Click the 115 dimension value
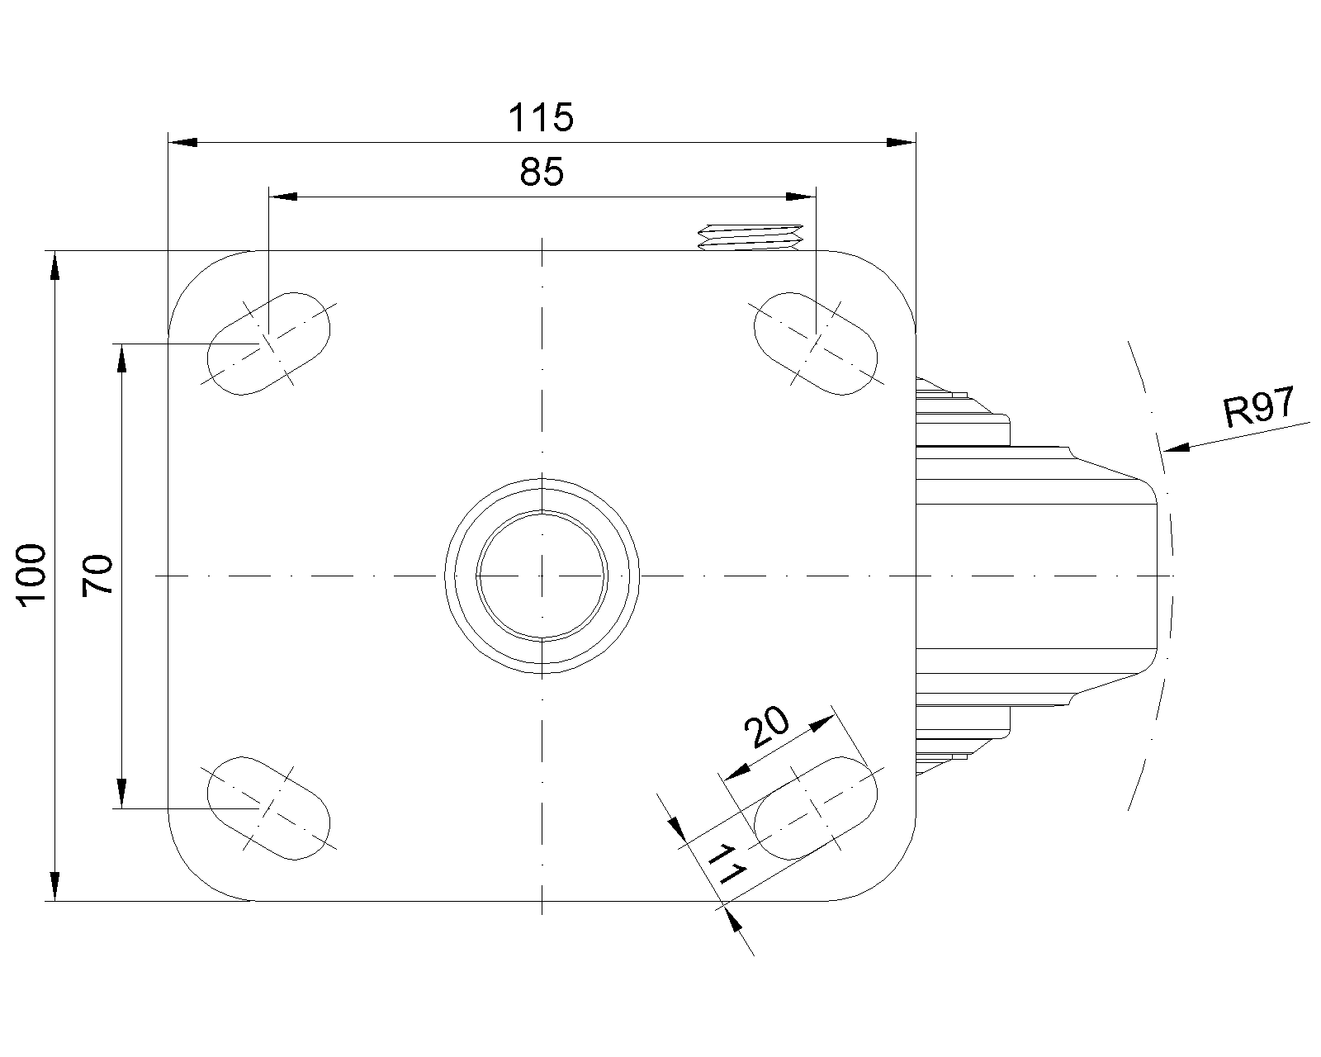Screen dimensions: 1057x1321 coord(541,118)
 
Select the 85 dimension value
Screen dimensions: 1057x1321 coord(542,173)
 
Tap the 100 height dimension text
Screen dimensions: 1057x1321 coord(34,575)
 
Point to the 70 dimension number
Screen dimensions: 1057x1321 coord(97,575)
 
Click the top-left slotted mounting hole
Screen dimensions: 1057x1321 coord(268,343)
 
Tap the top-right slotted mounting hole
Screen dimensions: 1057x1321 coord(816,343)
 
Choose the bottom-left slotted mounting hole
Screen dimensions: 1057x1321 coord(268,807)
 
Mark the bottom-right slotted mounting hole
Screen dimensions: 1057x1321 coord(816,807)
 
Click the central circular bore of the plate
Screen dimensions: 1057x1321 coord(542,575)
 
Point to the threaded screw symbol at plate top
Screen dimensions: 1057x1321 coord(750,236)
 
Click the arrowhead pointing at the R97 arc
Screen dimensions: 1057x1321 coord(1176,448)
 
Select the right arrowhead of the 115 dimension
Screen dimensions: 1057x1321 coord(902,143)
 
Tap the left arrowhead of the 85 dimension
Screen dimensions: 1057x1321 coord(284,197)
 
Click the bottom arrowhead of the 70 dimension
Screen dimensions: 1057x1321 coord(121,794)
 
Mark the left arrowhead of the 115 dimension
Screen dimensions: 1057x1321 coord(182,143)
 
